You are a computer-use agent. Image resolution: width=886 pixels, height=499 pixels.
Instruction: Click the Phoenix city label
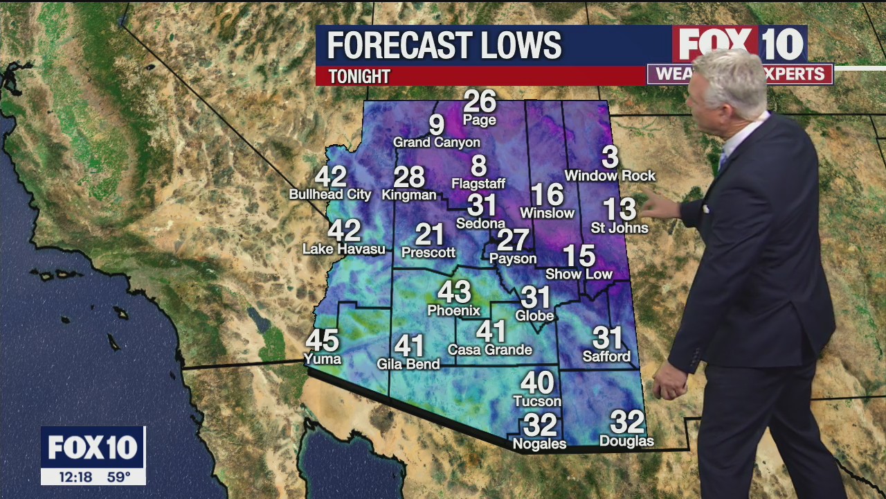click(453, 310)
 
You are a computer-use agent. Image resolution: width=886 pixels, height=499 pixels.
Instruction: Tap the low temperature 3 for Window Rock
click(609, 157)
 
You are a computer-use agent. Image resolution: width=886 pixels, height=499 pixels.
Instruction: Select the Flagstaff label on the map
click(478, 184)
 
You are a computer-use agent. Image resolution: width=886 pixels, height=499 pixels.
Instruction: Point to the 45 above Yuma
click(323, 340)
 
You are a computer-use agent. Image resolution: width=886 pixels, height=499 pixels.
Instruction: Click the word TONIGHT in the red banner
click(359, 76)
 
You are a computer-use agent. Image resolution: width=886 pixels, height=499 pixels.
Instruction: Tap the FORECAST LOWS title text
click(444, 46)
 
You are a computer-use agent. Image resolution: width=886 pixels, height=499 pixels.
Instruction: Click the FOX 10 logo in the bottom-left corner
click(93, 448)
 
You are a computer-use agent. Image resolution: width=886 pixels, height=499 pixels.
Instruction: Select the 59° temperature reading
click(118, 477)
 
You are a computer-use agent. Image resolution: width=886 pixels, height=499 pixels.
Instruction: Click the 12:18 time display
click(75, 477)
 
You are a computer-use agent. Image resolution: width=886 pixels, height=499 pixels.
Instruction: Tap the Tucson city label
click(537, 401)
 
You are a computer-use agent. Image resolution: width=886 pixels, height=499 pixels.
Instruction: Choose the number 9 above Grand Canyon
click(436, 125)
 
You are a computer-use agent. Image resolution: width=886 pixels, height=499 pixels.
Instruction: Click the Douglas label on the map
click(626, 441)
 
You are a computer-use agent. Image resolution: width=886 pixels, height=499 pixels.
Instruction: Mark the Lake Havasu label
click(344, 249)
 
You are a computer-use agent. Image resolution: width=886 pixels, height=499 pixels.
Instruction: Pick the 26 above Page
click(480, 101)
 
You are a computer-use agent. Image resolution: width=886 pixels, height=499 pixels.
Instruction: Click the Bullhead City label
click(330, 195)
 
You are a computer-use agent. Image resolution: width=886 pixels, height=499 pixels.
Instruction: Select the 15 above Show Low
click(579, 256)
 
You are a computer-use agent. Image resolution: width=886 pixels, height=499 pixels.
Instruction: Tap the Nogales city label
click(539, 444)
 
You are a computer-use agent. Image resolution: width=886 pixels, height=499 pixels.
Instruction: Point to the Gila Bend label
click(408, 364)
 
